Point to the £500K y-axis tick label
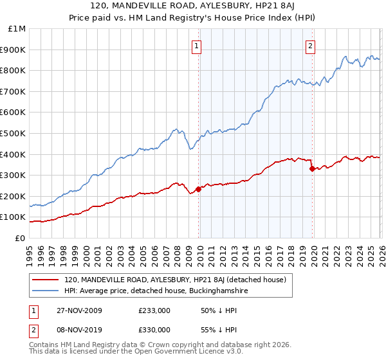[x=14, y=133]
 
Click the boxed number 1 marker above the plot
[x=196, y=45]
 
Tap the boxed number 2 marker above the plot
[x=310, y=45]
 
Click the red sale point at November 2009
[x=198, y=189]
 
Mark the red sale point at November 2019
[x=312, y=169]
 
